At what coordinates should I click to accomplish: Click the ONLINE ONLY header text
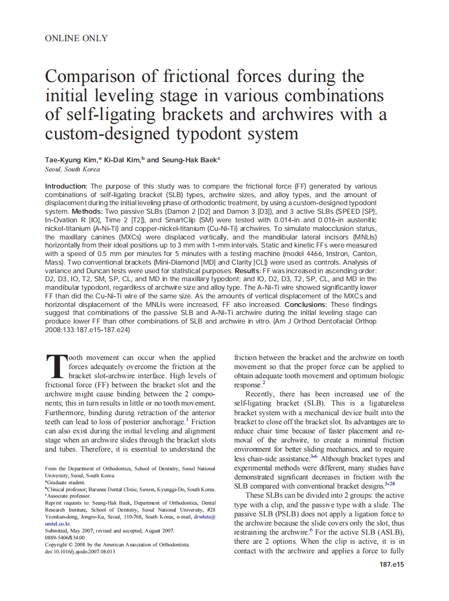tap(76, 39)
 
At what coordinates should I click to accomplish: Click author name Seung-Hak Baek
tap(188, 160)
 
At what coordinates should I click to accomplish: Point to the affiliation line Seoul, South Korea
tap(72, 169)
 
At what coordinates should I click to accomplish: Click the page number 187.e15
tap(391, 565)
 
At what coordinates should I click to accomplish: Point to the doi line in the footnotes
tap(80, 551)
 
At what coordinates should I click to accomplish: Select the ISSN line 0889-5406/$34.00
tap(65, 537)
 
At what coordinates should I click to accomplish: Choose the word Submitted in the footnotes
tap(59, 530)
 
